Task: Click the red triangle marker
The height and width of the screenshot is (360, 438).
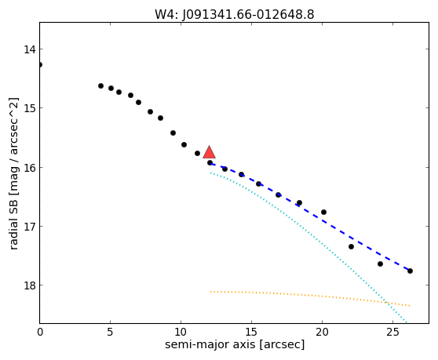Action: click(x=209, y=152)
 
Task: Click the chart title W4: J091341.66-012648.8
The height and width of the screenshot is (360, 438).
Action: click(x=235, y=15)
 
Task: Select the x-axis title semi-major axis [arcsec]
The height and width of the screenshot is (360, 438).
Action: click(x=235, y=344)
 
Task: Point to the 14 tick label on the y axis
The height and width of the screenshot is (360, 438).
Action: click(x=30, y=49)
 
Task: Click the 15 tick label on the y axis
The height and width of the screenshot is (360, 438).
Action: click(x=30, y=108)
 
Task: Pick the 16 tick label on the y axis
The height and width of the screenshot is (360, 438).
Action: click(x=30, y=168)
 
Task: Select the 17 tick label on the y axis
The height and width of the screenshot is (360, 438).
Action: click(x=30, y=227)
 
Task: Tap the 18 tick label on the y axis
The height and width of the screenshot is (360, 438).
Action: click(x=30, y=285)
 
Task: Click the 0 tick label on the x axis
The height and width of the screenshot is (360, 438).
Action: click(x=40, y=332)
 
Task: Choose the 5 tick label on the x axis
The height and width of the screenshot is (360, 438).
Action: click(x=111, y=332)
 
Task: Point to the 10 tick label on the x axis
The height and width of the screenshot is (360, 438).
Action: click(x=181, y=332)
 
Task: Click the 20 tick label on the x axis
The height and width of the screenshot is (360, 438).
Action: click(x=322, y=332)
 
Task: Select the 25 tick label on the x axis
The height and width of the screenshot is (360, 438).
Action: click(x=392, y=332)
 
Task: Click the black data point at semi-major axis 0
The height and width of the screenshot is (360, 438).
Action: click(x=40, y=65)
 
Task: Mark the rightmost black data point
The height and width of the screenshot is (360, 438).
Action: click(x=410, y=271)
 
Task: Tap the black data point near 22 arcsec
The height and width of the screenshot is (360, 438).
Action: click(x=351, y=247)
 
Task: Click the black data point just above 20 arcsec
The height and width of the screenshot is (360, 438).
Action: click(x=323, y=212)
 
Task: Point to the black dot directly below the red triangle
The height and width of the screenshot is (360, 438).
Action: click(x=210, y=162)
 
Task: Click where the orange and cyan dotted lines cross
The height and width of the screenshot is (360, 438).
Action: click(x=386, y=302)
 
